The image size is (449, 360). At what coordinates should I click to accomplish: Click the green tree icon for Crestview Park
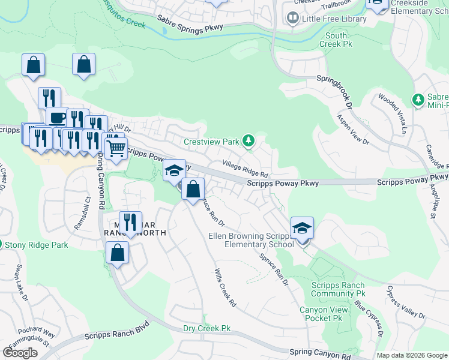tap(249, 142)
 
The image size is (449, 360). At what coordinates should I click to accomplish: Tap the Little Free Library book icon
tap(292, 19)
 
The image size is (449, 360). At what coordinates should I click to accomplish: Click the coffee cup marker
tap(57, 117)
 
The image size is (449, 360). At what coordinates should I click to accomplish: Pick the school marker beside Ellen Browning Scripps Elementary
tap(303, 229)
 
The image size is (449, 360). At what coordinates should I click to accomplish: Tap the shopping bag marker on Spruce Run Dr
tap(193, 190)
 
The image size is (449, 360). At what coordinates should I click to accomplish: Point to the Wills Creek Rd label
tap(225, 288)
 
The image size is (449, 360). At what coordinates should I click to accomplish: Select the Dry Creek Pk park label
tap(207, 329)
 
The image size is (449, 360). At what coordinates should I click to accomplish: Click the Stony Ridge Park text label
tap(36, 245)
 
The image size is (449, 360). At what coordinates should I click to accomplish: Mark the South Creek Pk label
tap(336, 40)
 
